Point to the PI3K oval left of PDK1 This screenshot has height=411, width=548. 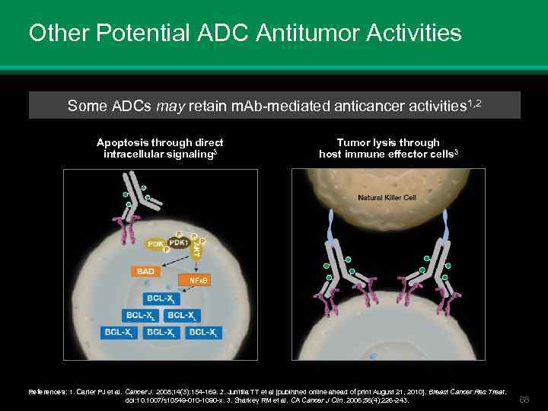[x=157, y=245]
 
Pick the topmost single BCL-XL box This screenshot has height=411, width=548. [x=161, y=298]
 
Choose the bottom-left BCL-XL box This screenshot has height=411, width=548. [x=119, y=332]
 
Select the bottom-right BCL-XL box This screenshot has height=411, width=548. [x=204, y=332]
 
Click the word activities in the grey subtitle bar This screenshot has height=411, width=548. [x=429, y=106]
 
